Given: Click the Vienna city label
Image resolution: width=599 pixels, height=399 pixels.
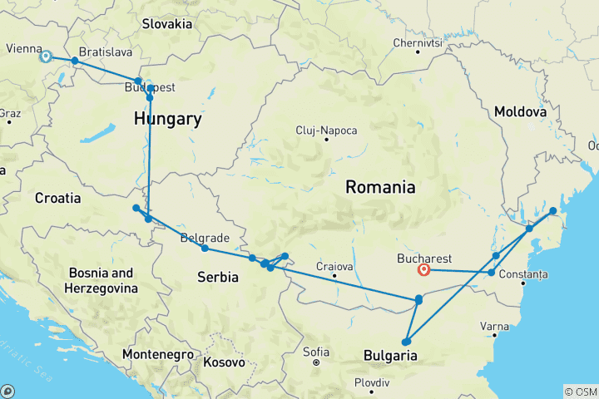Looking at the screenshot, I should [22, 49].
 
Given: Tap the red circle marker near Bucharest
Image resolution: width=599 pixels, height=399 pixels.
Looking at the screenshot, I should [424, 269].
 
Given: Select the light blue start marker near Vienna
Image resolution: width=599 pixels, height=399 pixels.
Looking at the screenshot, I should [46, 57].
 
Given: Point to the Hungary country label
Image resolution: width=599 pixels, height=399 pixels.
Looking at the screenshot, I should [167, 120].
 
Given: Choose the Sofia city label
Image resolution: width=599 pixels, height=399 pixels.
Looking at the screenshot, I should [316, 351].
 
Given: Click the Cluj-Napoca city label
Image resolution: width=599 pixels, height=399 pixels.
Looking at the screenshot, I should [327, 131].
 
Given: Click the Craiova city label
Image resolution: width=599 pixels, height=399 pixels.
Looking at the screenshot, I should [334, 266].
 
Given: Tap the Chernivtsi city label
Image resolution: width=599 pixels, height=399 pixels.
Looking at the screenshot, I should [418, 42].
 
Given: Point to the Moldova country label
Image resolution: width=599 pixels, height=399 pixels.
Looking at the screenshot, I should [520, 111].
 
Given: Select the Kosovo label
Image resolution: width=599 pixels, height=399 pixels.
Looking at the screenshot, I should [224, 362].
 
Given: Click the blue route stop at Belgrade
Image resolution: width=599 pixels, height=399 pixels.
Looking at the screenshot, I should [205, 249].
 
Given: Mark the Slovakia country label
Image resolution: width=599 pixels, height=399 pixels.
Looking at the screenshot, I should [166, 24].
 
